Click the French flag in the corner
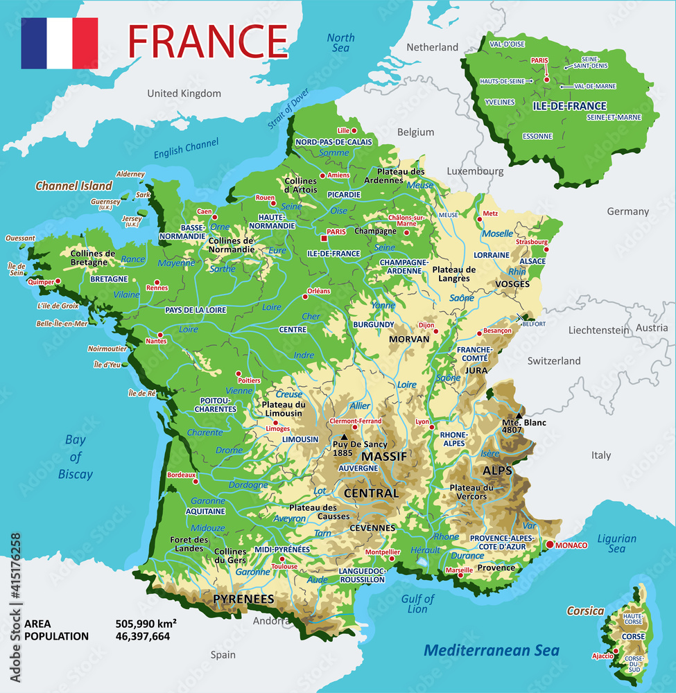click(x=60, y=43)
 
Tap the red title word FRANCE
click(x=207, y=41)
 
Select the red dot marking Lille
click(x=354, y=130)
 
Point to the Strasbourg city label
click(x=532, y=242)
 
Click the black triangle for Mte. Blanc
click(x=519, y=415)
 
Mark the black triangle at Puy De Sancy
click(x=344, y=437)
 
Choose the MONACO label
click(x=571, y=545)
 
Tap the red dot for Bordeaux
click(x=198, y=476)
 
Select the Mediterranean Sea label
click(x=492, y=651)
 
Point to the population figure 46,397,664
click(x=142, y=635)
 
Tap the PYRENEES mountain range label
click(x=243, y=599)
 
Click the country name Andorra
click(x=271, y=621)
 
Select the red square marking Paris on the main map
click(x=323, y=239)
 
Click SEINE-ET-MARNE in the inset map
click(x=614, y=117)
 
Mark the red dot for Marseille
click(x=459, y=574)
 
